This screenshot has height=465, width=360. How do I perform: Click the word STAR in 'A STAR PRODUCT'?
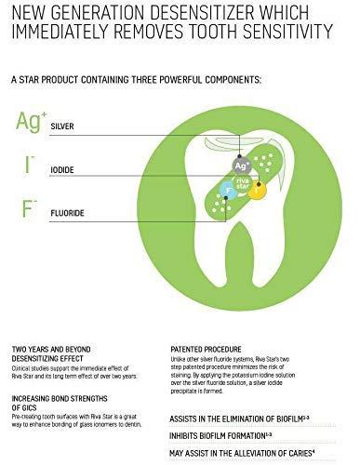(38, 81)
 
